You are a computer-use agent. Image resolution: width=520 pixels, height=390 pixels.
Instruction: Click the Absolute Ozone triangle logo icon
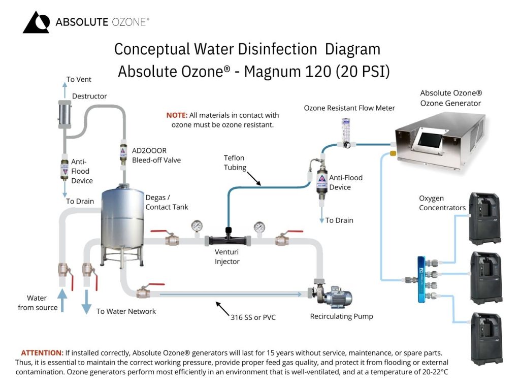pos(36,22)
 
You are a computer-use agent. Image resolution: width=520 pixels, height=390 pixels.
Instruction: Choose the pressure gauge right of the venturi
pos(259,226)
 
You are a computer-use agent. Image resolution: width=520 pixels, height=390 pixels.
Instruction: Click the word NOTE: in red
pos(177,115)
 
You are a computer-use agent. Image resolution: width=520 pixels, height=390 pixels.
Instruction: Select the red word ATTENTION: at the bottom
pos(42,352)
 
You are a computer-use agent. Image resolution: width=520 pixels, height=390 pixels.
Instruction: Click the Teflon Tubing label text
pos(234,162)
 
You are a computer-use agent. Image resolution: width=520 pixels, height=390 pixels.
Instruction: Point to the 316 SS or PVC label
pos(253,317)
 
